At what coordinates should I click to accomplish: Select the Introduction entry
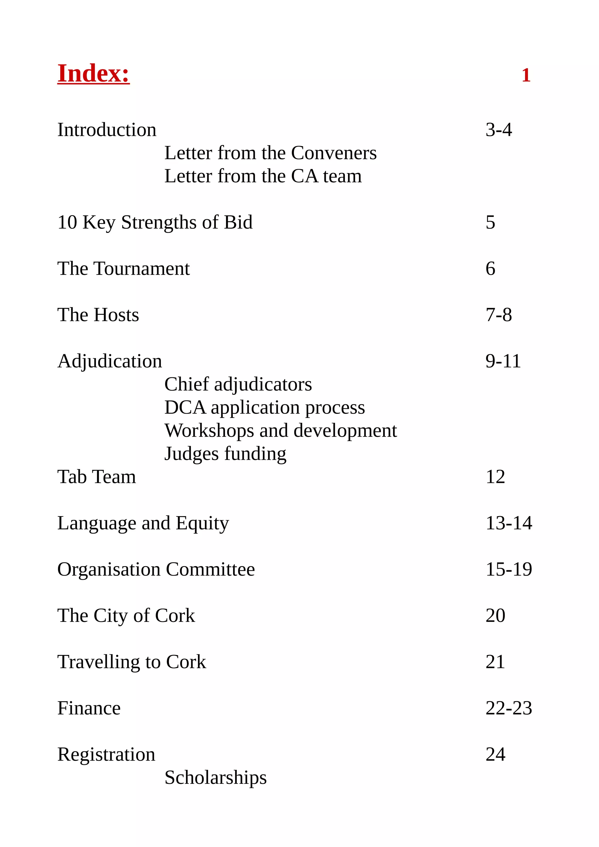(x=107, y=130)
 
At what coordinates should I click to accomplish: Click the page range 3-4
(x=499, y=130)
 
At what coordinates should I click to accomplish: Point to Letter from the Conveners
(x=270, y=153)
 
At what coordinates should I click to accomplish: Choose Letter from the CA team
(x=263, y=176)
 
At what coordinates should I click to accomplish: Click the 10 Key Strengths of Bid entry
(x=155, y=222)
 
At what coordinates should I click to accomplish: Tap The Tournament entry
(x=123, y=269)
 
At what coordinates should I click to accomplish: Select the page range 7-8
(x=499, y=315)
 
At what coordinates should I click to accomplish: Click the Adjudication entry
(x=110, y=361)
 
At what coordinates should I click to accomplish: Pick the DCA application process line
(x=264, y=408)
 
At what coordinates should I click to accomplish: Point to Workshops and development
(x=280, y=431)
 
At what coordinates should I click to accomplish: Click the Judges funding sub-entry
(x=225, y=454)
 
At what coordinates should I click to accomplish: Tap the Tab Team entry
(x=97, y=477)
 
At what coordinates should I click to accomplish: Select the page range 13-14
(x=509, y=523)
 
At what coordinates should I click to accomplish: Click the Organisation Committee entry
(x=156, y=569)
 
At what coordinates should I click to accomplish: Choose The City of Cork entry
(x=126, y=616)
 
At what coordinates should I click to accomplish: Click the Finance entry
(x=89, y=708)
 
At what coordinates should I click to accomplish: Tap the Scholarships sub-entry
(x=215, y=778)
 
